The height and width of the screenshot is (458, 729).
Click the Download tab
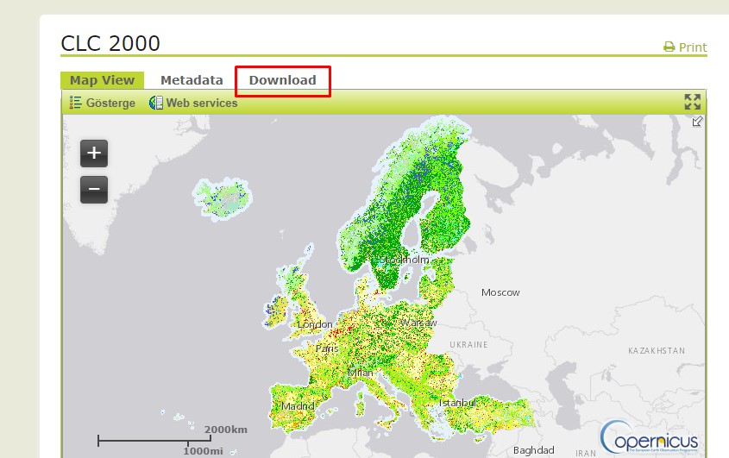click(x=282, y=80)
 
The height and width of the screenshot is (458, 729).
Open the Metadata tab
click(x=192, y=80)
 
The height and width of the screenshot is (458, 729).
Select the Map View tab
click(x=102, y=80)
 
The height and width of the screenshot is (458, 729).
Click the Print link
click(x=685, y=47)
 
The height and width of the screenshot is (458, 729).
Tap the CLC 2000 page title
click(x=110, y=44)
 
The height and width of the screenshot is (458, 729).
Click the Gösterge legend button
click(x=103, y=103)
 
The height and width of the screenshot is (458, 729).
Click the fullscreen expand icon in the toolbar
click(x=692, y=102)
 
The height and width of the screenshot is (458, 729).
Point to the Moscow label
click(x=500, y=292)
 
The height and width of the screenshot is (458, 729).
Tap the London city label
click(x=315, y=324)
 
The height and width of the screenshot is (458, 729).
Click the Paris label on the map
click(x=327, y=348)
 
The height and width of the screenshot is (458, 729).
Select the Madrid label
click(x=298, y=406)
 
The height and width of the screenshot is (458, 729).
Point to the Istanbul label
click(x=457, y=403)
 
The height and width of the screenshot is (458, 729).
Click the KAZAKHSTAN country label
click(x=657, y=351)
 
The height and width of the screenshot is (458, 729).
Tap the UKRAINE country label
click(x=469, y=344)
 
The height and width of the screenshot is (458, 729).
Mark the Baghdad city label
click(x=533, y=450)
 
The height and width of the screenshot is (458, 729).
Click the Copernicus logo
click(x=650, y=436)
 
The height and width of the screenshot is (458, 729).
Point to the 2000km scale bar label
click(x=226, y=430)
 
